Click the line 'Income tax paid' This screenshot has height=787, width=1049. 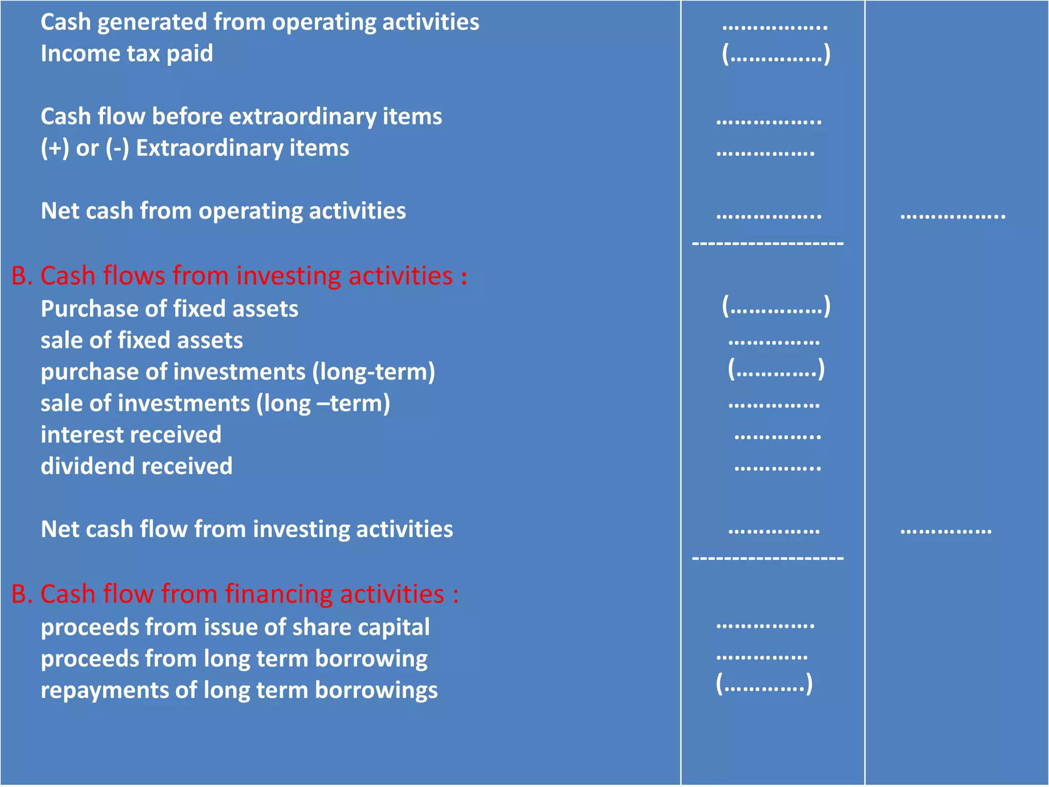[x=127, y=54]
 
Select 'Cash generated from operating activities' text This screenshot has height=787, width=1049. [x=260, y=23]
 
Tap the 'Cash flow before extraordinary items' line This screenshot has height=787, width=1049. [x=241, y=117]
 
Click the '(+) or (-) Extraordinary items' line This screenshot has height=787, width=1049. [x=195, y=149]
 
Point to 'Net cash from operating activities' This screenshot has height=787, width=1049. [x=223, y=211]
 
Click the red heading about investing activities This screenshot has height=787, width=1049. [x=239, y=276]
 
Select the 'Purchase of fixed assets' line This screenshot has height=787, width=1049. [x=169, y=309]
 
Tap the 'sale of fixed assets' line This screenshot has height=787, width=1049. [x=142, y=341]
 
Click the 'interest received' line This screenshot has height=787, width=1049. [x=131, y=435]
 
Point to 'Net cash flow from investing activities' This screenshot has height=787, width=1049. [x=247, y=529]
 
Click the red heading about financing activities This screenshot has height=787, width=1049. [x=235, y=594]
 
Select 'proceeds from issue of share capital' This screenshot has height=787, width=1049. [x=235, y=628]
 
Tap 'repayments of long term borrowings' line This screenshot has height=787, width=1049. [x=239, y=690]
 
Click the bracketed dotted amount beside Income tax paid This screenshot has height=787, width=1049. [x=776, y=54]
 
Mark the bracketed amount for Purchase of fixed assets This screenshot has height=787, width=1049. [x=776, y=307]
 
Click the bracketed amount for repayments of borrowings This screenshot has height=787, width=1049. [x=764, y=684]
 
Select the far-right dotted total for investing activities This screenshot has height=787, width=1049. [x=946, y=531]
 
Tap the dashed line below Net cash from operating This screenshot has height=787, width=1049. [x=768, y=243]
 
